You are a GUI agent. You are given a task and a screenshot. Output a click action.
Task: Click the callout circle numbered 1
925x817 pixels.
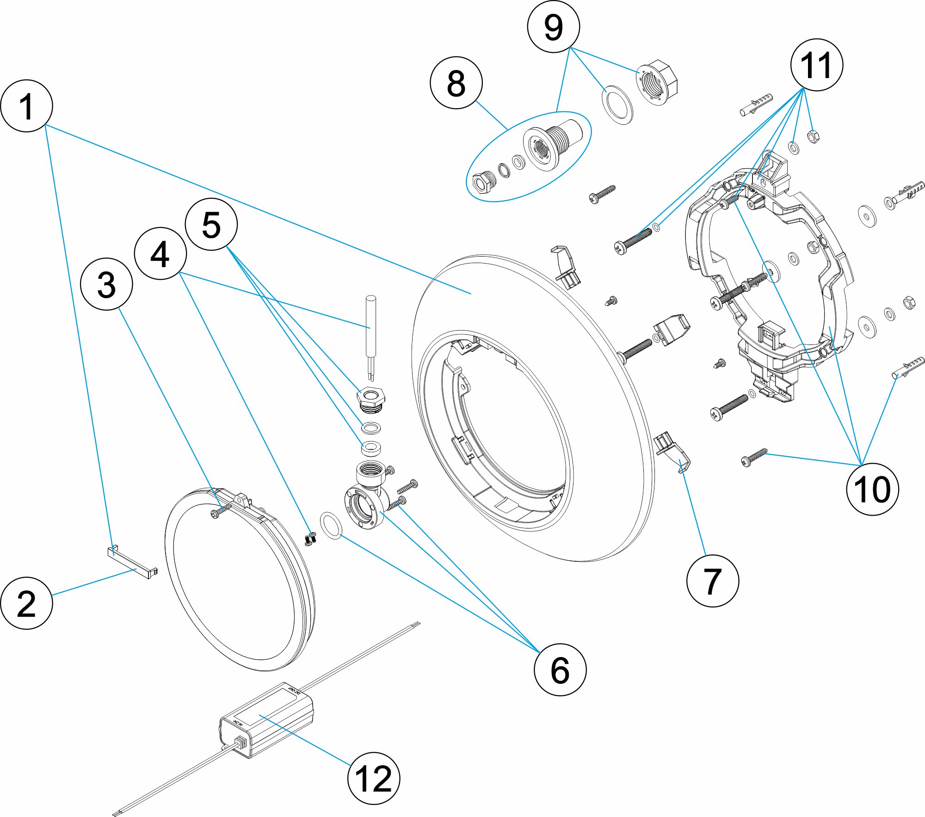[x=26, y=106]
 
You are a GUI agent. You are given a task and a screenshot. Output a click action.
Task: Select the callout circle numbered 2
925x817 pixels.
[x=26, y=603]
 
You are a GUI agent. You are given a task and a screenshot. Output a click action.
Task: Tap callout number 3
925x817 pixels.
[x=106, y=284]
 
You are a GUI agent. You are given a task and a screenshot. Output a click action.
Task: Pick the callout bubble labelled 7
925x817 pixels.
[x=712, y=581]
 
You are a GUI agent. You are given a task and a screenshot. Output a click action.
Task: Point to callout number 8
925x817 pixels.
[x=456, y=83]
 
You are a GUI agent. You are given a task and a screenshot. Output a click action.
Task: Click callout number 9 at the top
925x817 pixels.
[x=553, y=27]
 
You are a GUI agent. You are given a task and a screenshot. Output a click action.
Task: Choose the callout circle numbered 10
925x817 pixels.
[x=872, y=489]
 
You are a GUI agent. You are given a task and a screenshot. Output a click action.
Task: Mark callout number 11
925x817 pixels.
[x=816, y=65]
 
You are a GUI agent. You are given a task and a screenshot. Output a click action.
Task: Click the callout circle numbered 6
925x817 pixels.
[x=560, y=670]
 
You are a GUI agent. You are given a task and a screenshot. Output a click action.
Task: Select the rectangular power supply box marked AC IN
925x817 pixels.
[x=266, y=719]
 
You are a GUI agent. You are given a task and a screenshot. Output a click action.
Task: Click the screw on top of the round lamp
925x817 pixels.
[x=221, y=511]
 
